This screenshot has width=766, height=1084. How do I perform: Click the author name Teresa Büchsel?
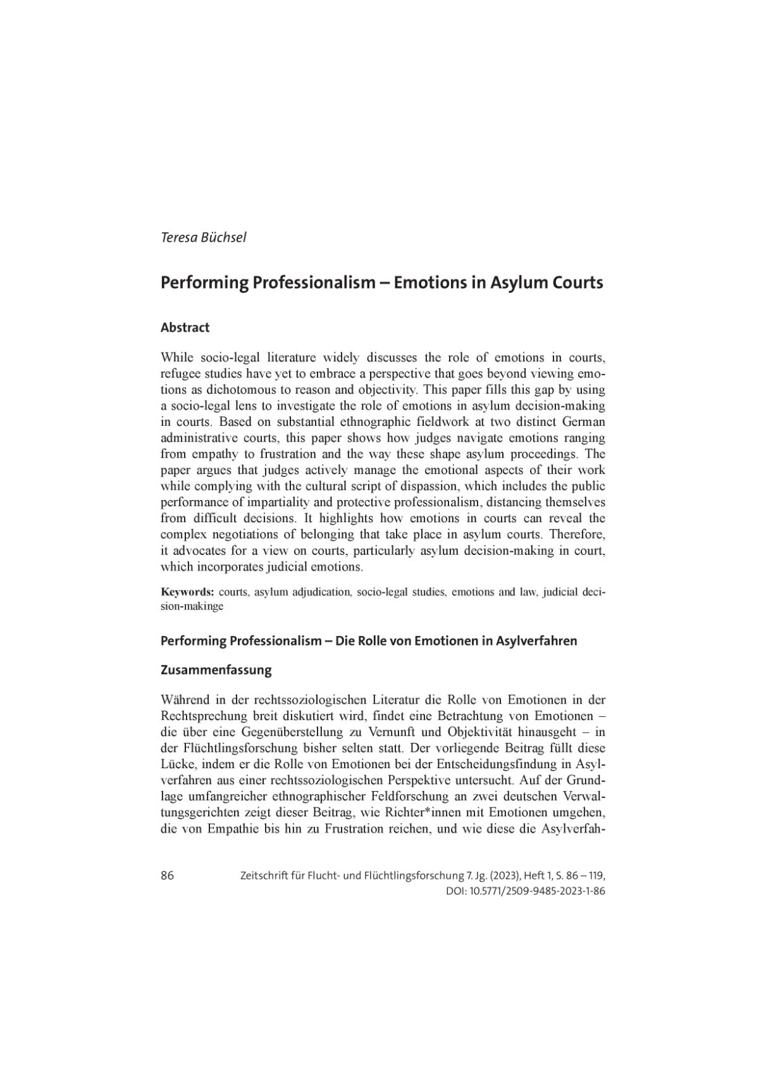203,238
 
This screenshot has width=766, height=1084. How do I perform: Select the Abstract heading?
185,328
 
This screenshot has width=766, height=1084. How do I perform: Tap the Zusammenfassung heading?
216,670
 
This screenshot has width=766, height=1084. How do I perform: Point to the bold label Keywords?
187,592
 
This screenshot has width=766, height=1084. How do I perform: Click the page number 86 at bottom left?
168,876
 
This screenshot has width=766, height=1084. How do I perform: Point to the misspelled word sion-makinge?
192,606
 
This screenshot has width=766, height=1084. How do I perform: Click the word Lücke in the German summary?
176,764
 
